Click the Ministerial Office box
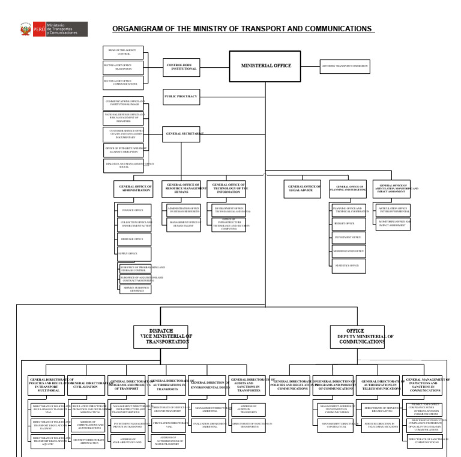point(265,66)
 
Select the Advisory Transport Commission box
point(345,66)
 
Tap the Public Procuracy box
point(181,97)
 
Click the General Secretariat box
point(181,134)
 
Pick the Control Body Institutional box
point(181,67)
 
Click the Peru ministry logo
point(53,29)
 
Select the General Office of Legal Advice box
point(302,189)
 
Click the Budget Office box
point(349,223)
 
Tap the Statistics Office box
point(349,265)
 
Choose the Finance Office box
point(134,210)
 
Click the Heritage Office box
point(134,239)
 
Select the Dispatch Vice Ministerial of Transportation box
point(160,337)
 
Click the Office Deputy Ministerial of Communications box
point(357,337)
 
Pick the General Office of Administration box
point(133,189)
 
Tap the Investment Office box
point(349,237)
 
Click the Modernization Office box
point(349,251)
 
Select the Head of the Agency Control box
point(123,52)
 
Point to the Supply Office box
point(134,253)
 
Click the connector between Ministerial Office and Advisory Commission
point(310,66)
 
